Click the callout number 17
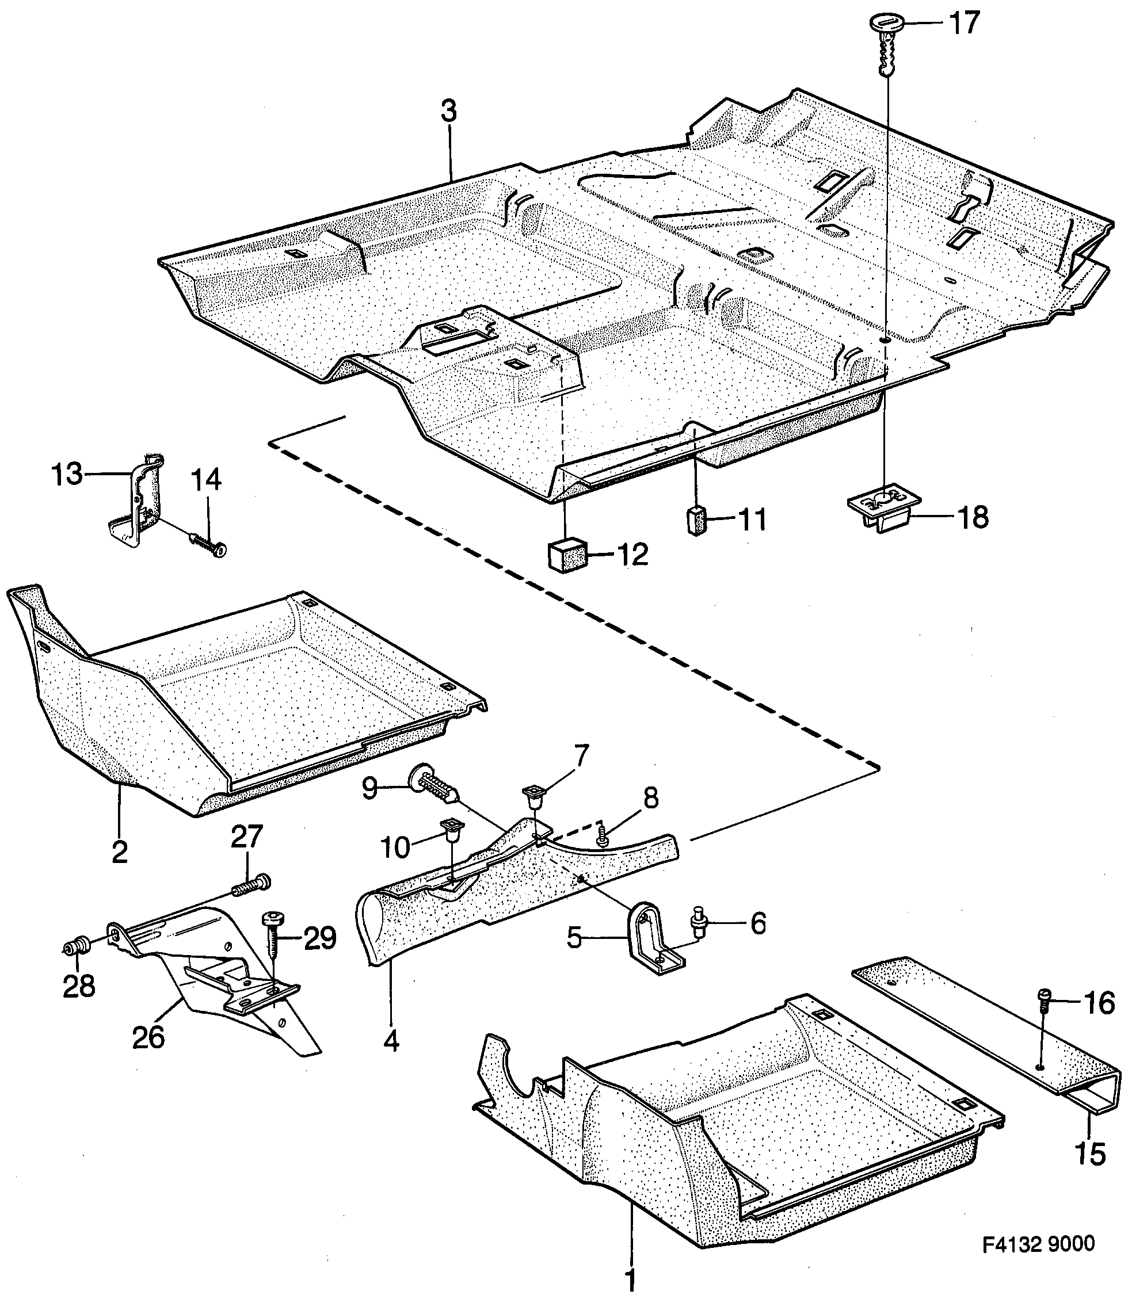click(x=963, y=24)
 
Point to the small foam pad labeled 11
click(x=696, y=520)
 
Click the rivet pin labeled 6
click(x=699, y=931)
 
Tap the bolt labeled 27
click(x=251, y=886)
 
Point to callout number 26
click(x=148, y=1037)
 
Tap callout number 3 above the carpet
click(x=448, y=112)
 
